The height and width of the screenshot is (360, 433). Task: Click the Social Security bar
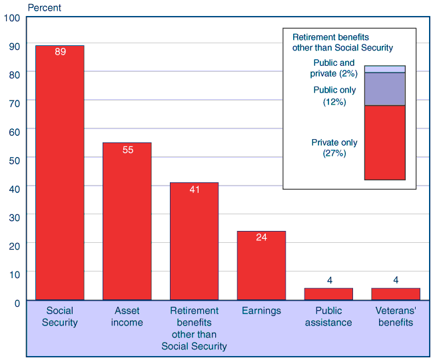pos(60,173)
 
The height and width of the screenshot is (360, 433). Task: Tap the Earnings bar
pos(261,266)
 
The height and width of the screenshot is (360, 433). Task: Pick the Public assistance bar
pos(328,294)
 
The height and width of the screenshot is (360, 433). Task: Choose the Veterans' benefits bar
pos(396,294)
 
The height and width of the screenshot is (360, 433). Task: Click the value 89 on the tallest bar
pos(60,52)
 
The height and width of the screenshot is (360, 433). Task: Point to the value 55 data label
pos(128,150)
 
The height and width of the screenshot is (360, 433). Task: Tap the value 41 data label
pos(195,190)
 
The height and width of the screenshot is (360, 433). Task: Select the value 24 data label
pos(261,238)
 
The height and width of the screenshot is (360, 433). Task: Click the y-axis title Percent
pos(43,8)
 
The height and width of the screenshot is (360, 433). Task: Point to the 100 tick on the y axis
pos(12,17)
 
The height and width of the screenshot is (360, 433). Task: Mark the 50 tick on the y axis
pos(14,159)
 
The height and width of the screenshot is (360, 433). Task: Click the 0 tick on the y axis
pos(17,303)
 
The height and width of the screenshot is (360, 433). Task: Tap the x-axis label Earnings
pos(261,311)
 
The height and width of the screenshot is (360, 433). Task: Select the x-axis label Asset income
pos(127,317)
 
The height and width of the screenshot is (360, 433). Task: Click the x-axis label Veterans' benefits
pos(396,317)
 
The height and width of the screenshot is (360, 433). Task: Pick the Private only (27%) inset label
pos(334,148)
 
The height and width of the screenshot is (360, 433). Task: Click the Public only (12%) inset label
pos(334,96)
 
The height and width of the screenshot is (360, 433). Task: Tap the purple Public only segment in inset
pos(385,89)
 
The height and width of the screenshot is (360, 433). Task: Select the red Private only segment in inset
pos(385,142)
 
